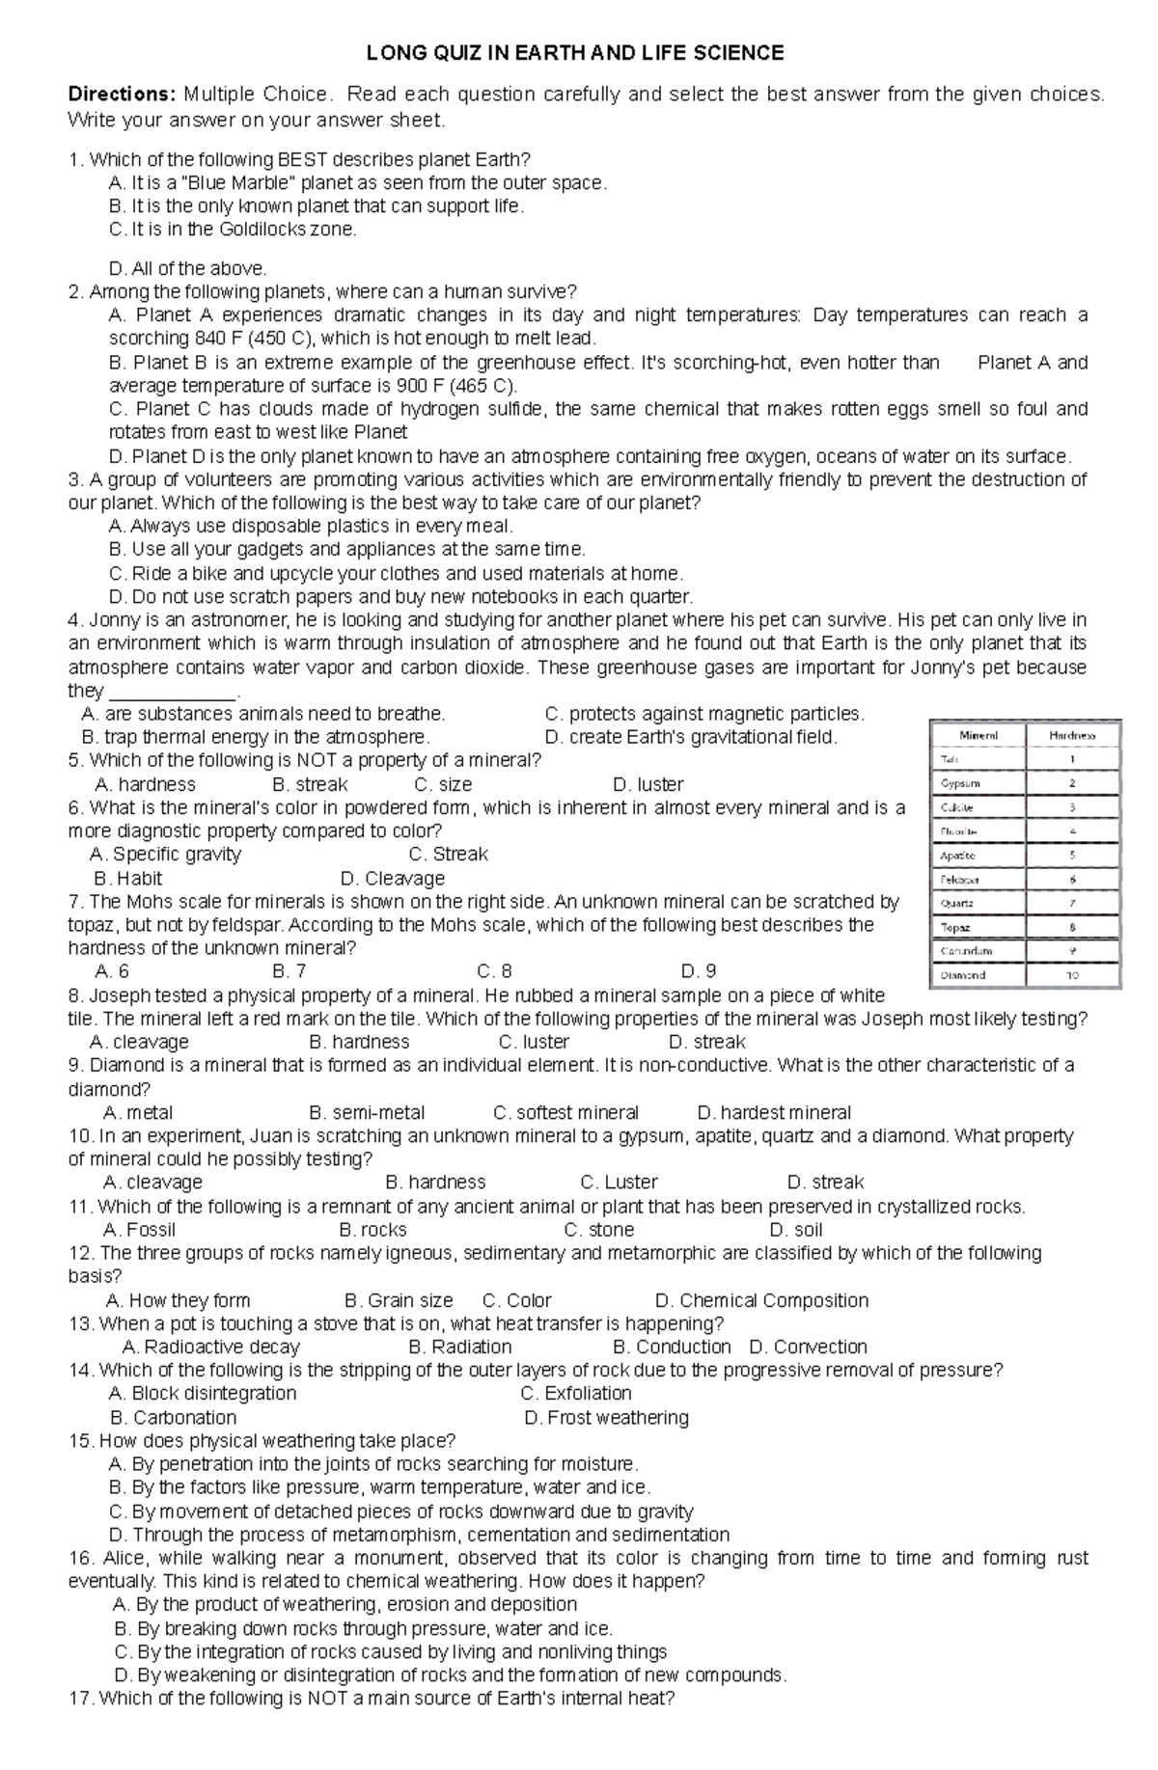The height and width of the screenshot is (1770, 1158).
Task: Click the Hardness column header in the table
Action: click(1072, 735)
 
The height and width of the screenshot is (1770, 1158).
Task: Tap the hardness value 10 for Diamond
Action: click(1072, 975)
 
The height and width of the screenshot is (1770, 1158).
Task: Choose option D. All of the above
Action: click(188, 268)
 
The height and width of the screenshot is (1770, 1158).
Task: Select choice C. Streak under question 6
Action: click(448, 854)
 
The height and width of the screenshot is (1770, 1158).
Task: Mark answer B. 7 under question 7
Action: click(289, 971)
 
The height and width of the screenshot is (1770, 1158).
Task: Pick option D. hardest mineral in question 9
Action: click(773, 1112)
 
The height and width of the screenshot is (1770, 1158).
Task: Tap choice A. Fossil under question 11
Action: click(139, 1229)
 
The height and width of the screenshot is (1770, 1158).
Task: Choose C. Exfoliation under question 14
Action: click(576, 1393)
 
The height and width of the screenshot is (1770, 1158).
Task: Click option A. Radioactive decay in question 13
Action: click(211, 1347)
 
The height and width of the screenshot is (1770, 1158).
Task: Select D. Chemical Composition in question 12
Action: click(761, 1300)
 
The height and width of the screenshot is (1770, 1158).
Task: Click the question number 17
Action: click(80, 1698)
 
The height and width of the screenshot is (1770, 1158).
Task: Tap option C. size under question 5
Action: click(443, 784)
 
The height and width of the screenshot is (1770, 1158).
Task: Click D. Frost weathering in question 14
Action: click(606, 1417)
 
